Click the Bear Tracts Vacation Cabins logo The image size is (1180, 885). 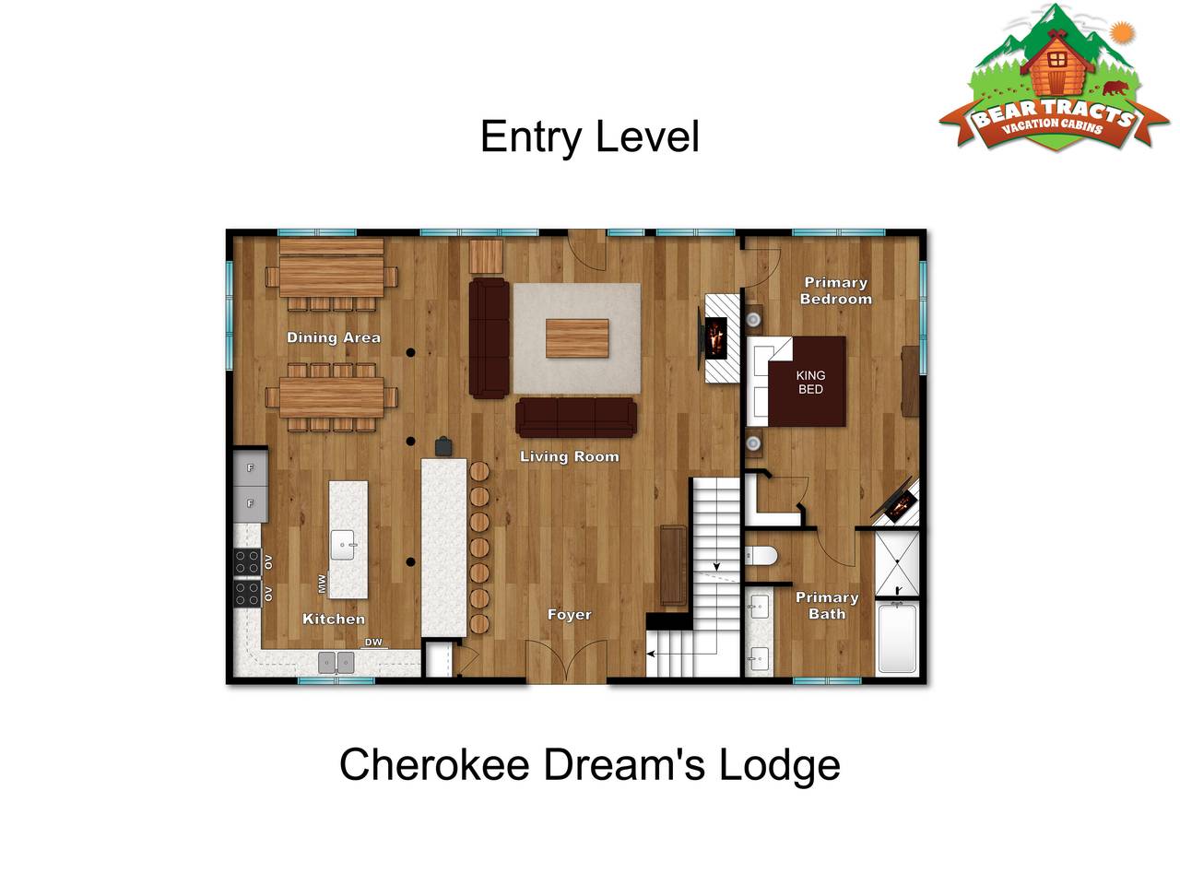(1054, 78)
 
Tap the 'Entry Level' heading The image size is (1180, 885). (590, 137)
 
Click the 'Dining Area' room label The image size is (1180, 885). (334, 337)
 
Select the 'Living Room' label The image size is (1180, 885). (570, 456)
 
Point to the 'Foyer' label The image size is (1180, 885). (570, 615)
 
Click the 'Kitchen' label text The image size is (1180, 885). (334, 619)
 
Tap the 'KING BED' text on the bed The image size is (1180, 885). (810, 382)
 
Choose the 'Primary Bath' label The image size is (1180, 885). (827, 606)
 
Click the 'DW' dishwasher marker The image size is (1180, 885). (373, 643)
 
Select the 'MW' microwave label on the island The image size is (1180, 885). (323, 584)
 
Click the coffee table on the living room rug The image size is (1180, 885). (577, 338)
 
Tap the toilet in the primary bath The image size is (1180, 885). (761, 556)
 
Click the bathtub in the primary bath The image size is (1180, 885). (897, 638)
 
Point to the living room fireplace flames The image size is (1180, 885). (715, 338)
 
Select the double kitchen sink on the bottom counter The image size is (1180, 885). (336, 663)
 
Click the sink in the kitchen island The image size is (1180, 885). (342, 545)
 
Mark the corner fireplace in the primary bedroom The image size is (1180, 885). (896, 502)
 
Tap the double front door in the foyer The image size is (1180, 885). (566, 662)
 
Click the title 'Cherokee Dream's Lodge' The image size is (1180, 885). (590, 765)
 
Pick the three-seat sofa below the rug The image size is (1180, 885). (576, 417)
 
